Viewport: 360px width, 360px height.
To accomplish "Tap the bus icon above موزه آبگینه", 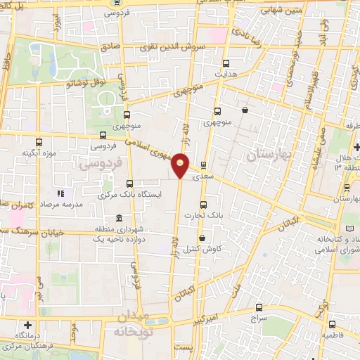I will [x=39, y=141].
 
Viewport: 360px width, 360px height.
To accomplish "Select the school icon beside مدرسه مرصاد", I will [x=60, y=193].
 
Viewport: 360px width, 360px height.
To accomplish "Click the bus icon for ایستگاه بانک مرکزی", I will [x=128, y=184].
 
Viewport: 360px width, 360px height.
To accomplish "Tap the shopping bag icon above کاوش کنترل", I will [x=202, y=238].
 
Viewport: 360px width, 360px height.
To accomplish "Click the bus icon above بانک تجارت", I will [x=203, y=205].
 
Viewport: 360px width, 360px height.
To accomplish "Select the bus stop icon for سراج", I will [x=259, y=307].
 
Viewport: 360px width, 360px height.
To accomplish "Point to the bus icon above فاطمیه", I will [x=332, y=324].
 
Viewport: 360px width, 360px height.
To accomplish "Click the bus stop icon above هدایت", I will [x=225, y=61].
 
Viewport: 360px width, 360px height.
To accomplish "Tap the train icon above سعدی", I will [x=203, y=166].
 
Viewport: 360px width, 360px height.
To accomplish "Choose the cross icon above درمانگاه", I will [x=27, y=325].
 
